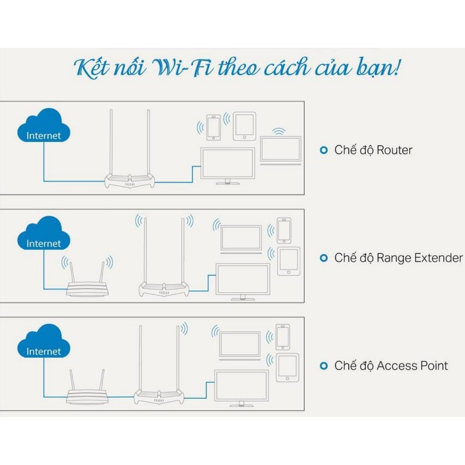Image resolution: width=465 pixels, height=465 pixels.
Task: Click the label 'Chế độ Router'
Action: pyautogui.click(x=373, y=150)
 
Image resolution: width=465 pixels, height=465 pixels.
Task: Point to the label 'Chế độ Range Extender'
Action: pyautogui.click(x=398, y=258)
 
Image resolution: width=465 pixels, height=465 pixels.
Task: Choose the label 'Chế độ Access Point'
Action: pyautogui.click(x=391, y=366)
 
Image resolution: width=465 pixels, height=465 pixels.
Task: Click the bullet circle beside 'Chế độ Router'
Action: pyautogui.click(x=324, y=150)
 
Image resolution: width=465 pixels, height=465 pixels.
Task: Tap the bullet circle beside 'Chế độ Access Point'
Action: pyautogui.click(x=324, y=366)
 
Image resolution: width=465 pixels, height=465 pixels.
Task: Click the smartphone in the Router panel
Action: pyautogui.click(x=213, y=127)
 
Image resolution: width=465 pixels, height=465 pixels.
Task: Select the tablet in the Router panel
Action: pyautogui.click(x=244, y=126)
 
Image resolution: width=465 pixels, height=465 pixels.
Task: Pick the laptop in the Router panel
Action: pyautogui.click(x=281, y=151)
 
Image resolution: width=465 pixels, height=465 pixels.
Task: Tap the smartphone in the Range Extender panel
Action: pyautogui.click(x=284, y=231)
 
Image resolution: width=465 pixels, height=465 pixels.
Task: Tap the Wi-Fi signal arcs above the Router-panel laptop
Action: pyautogui.click(x=280, y=132)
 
